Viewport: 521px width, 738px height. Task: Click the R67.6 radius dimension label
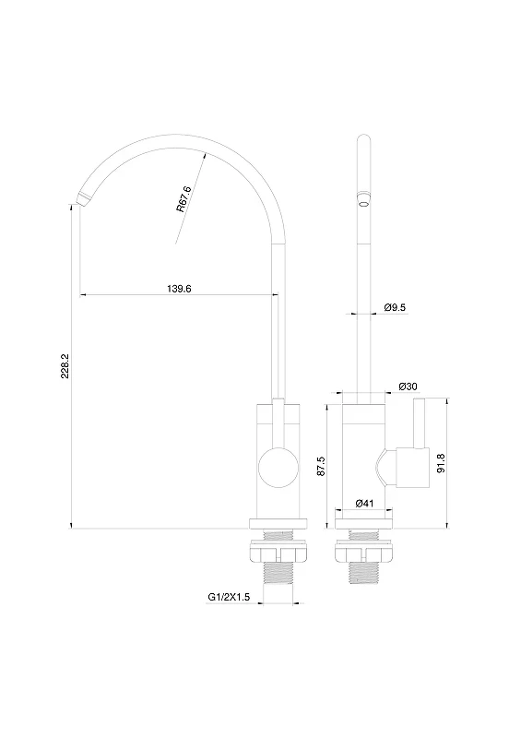[x=184, y=199]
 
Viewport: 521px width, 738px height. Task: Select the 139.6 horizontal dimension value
[x=179, y=289]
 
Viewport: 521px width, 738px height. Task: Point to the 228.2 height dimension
[x=65, y=366]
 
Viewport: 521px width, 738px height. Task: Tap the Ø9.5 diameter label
[x=395, y=308]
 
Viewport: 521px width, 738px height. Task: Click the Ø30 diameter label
[x=409, y=387]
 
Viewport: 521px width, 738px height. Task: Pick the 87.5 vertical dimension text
[x=322, y=466]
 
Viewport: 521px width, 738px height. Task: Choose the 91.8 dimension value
[x=441, y=463]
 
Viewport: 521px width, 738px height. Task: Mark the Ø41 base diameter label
[x=364, y=503]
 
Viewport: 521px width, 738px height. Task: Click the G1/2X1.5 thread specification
[x=229, y=597]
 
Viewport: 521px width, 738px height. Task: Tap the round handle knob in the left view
[x=278, y=468]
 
